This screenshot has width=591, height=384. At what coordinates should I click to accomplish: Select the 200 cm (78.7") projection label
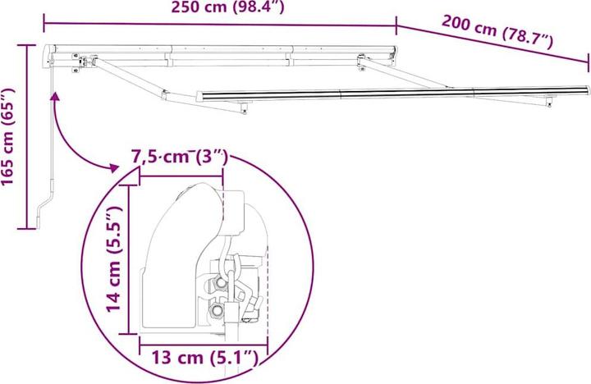point(497,34)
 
